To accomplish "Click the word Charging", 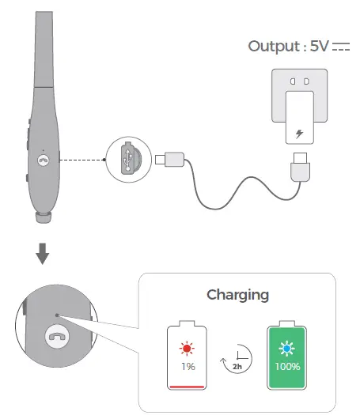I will coord(237,295).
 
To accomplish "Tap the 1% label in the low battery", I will coord(188,367).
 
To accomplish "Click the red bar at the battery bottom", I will coord(188,387).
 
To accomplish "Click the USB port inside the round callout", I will coord(129,160).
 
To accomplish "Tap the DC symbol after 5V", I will coord(341,47).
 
